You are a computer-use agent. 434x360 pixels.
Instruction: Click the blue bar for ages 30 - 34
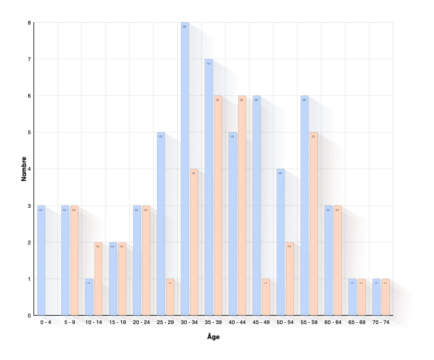click(184, 168)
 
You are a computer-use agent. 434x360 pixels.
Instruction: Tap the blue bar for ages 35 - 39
click(208, 186)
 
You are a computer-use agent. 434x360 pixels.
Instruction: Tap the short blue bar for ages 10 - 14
click(89, 296)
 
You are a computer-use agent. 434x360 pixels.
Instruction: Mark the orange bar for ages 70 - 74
click(385, 296)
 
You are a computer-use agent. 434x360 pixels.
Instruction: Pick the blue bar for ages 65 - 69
click(352, 296)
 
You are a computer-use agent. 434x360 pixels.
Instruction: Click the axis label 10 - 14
click(93, 323)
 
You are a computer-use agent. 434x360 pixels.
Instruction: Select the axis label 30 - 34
click(189, 323)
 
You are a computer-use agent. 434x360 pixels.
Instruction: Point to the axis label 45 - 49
click(261, 323)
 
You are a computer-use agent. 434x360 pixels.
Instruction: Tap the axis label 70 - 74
click(381, 323)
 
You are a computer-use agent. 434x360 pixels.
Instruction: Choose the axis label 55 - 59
click(309, 323)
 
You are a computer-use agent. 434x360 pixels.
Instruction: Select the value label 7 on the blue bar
click(208, 62)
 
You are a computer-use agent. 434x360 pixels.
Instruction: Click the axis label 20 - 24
click(141, 323)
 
